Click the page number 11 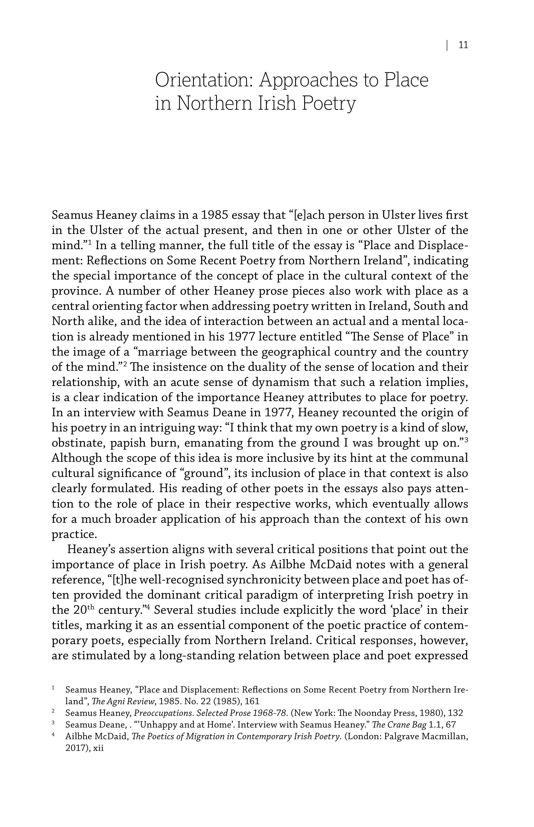(463, 45)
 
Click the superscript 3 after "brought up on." (466, 440)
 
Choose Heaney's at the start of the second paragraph (89, 550)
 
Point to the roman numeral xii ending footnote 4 (99, 748)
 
